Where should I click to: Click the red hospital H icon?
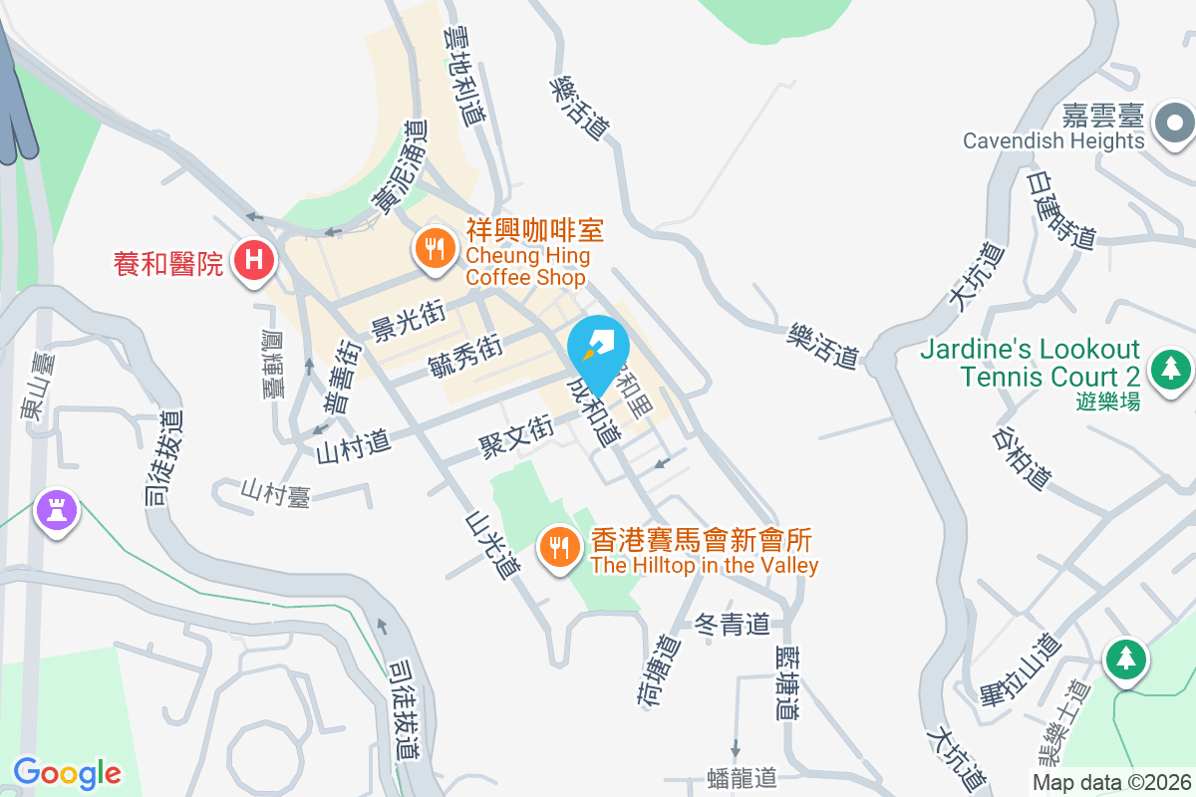click(x=254, y=261)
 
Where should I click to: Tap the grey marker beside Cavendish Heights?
click(x=1174, y=125)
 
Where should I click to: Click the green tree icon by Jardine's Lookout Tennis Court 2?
click(x=1171, y=368)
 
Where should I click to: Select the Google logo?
click(x=67, y=772)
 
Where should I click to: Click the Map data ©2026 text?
click(x=1111, y=782)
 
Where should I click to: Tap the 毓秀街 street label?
click(x=464, y=355)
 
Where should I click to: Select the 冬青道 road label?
click(x=733, y=625)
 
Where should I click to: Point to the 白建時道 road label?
click(x=1061, y=209)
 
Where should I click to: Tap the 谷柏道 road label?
click(x=1023, y=458)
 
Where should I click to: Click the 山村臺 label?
click(x=275, y=492)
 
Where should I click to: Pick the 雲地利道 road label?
click(x=465, y=75)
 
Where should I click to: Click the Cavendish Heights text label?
click(x=1053, y=140)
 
